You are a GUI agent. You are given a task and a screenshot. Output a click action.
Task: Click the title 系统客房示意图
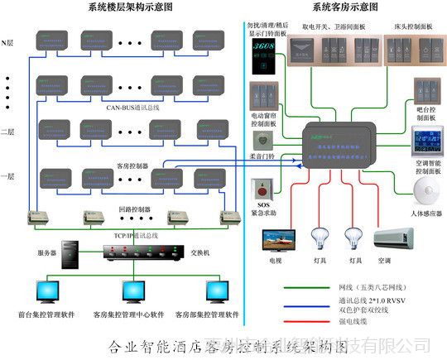345,7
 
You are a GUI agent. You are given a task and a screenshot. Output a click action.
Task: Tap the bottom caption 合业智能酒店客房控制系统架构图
223,346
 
